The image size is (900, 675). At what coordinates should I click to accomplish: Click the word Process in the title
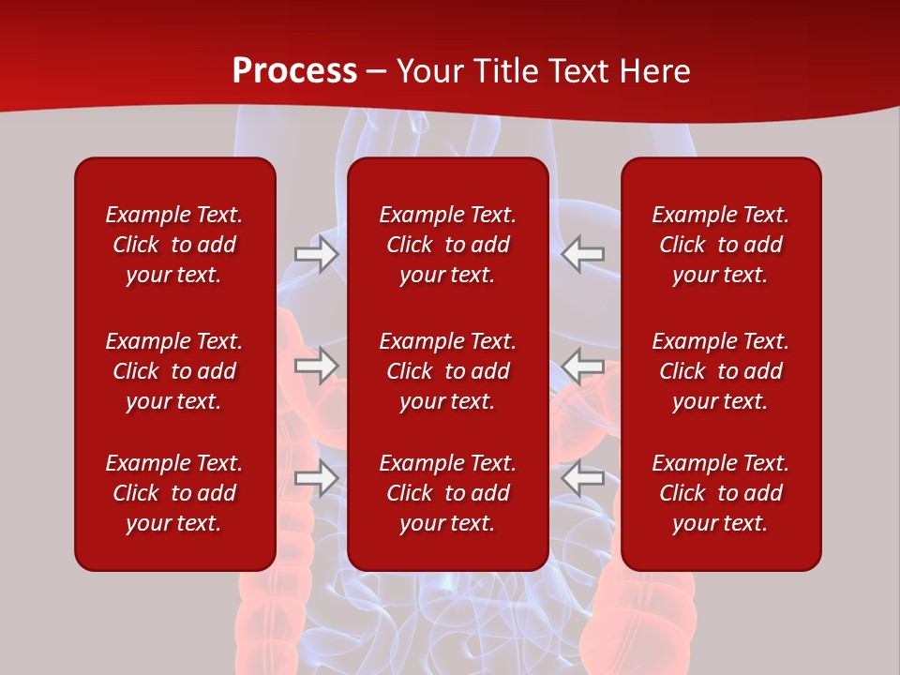[294, 71]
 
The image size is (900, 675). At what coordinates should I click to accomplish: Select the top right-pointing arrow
[316, 254]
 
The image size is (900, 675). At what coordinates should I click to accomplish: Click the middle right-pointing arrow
[316, 366]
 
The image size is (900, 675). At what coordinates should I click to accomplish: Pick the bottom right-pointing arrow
[316, 478]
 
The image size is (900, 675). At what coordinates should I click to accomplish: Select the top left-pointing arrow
[583, 254]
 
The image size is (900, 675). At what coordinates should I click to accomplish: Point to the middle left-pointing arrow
[583, 366]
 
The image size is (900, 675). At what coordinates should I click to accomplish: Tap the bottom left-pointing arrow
[583, 478]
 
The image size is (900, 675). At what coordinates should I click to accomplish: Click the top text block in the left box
[174, 245]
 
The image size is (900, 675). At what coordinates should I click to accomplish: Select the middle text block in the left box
[174, 371]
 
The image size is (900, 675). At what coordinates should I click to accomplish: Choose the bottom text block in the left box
[174, 493]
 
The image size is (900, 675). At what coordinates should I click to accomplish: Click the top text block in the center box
[448, 245]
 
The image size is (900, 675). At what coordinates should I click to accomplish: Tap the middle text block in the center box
[448, 371]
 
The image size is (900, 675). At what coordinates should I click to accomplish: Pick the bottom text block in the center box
[448, 493]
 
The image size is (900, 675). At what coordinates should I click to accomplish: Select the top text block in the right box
[721, 245]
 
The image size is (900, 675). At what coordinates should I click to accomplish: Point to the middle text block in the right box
[721, 371]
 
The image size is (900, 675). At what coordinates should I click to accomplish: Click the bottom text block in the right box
[721, 493]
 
